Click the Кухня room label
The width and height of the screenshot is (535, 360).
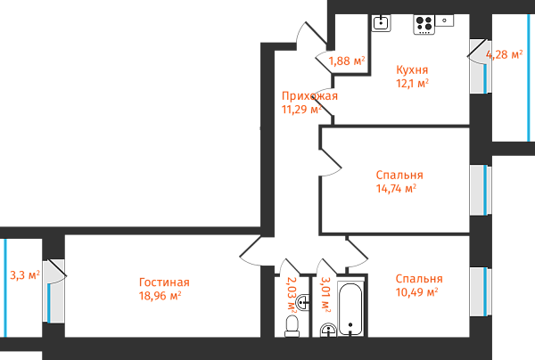(412, 70)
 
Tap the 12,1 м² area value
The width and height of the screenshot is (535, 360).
(412, 83)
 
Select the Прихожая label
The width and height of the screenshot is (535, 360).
(309, 96)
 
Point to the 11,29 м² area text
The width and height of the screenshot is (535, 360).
(301, 110)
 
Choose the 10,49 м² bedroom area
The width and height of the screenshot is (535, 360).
(417, 292)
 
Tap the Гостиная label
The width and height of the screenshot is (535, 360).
(163, 282)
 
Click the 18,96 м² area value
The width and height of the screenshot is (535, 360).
(160, 296)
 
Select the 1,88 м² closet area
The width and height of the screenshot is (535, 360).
(347, 61)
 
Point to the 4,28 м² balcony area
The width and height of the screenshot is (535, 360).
(503, 54)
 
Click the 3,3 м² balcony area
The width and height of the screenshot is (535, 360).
(23, 275)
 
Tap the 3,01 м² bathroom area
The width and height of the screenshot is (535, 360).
(325, 293)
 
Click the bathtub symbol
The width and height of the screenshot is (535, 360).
(350, 307)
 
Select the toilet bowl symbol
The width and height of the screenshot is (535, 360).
(292, 327)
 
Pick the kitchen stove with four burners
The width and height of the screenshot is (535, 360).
(424, 24)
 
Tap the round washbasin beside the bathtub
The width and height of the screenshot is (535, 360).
(327, 331)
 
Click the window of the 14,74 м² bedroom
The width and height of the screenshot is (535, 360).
(480, 189)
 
